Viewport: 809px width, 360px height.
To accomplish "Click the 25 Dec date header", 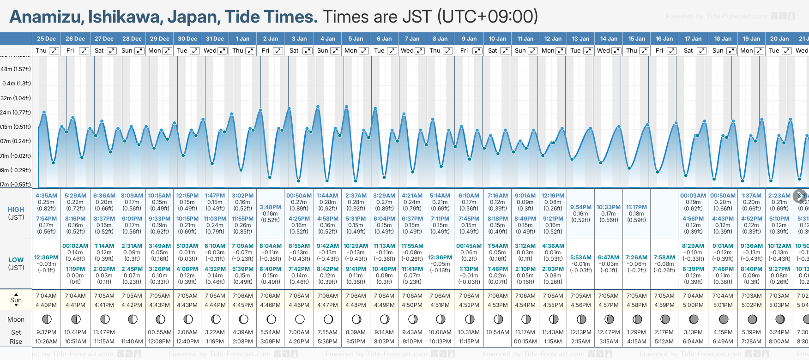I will pyautogui.click(x=46, y=39).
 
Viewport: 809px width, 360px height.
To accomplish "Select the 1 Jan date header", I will pyautogui.click(x=242, y=39).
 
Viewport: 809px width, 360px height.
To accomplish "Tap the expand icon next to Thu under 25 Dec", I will pyautogui.click(x=54, y=51).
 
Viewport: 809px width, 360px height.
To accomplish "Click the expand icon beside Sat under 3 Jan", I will pyautogui.click(x=307, y=51).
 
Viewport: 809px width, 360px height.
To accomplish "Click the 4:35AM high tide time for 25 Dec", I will pyautogui.click(x=46, y=196).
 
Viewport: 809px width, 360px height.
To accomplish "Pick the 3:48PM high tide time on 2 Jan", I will pyautogui.click(x=270, y=207).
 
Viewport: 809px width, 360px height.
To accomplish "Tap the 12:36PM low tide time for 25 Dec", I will pyautogui.click(x=46, y=258).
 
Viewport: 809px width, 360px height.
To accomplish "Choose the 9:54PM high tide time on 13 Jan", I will pyautogui.click(x=580, y=207).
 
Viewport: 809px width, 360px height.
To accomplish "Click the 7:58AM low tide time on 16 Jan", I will pyautogui.click(x=664, y=258).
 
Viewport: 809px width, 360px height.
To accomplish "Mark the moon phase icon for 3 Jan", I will pyautogui.click(x=300, y=319).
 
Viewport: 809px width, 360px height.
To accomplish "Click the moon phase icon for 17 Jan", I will pyautogui.click(x=693, y=319).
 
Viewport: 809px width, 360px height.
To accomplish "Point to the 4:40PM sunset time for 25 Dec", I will pyautogui.click(x=46, y=305).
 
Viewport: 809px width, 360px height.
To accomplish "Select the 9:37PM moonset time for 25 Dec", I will pyautogui.click(x=46, y=332).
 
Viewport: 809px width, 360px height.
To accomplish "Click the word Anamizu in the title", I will pyautogui.click(x=46, y=17).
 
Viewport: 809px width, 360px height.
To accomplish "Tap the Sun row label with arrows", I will pyautogui.click(x=16, y=300).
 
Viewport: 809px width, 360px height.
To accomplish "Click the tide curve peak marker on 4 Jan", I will pyautogui.click(x=318, y=107).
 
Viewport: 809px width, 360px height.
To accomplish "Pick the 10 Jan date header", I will pyautogui.click(x=497, y=39).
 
